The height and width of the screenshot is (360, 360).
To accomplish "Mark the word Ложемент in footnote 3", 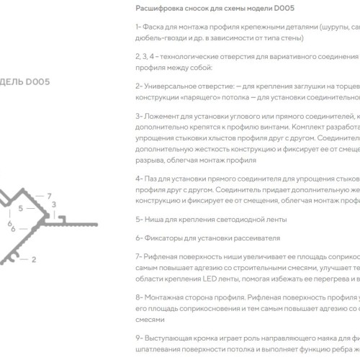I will point(163,115).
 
